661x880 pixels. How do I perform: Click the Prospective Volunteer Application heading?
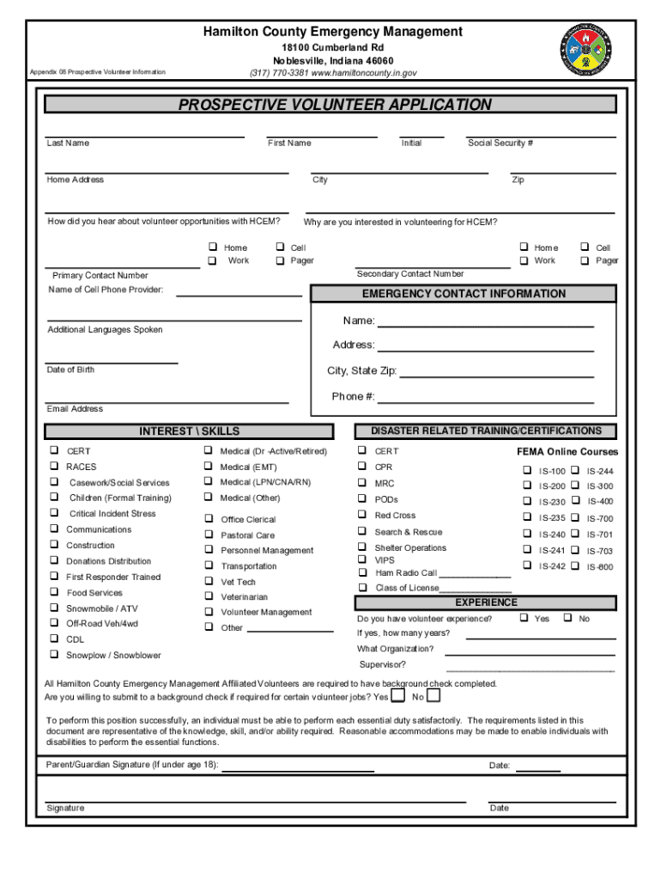click(x=335, y=105)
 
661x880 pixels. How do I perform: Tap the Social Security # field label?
click(x=500, y=144)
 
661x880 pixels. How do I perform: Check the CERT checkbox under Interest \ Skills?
click(x=53, y=450)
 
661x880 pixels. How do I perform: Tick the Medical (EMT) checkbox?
click(x=208, y=467)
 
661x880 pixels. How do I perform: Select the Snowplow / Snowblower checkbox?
click(x=53, y=655)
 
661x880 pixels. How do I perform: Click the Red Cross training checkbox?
click(x=362, y=516)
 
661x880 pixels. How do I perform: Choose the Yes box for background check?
click(x=399, y=695)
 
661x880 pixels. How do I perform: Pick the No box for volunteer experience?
click(x=567, y=618)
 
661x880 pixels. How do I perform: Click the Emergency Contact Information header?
click(x=464, y=294)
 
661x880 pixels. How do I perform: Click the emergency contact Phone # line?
click(x=485, y=398)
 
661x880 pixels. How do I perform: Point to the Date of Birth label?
click(x=71, y=370)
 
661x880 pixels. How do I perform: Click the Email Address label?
click(x=76, y=409)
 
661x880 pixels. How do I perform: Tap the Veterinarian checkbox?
click(x=208, y=596)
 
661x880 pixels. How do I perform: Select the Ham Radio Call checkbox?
click(x=362, y=572)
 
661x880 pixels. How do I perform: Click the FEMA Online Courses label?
click(x=567, y=452)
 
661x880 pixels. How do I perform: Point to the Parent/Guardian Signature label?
click(x=132, y=764)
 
